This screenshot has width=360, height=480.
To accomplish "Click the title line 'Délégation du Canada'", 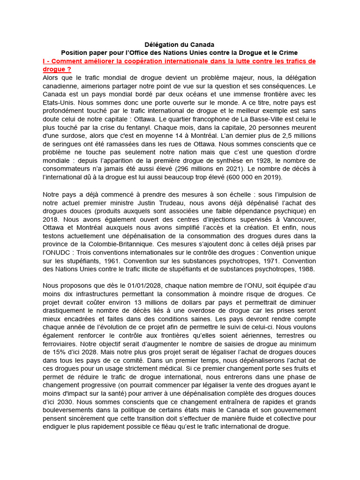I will (180, 45).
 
